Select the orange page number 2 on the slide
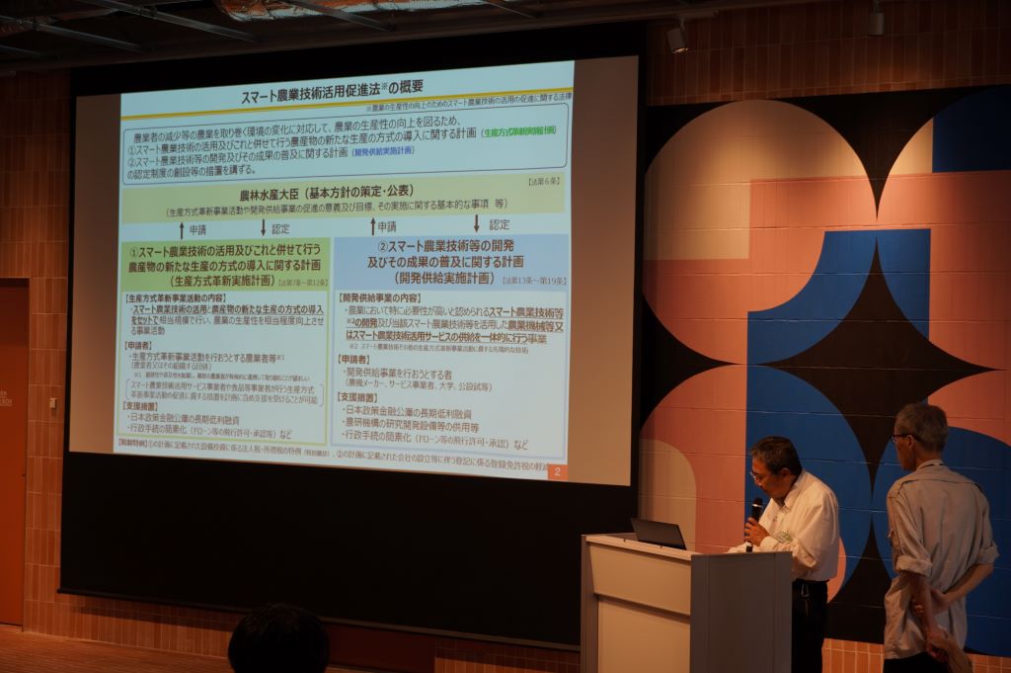click(x=557, y=472)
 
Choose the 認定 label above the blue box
click(x=500, y=225)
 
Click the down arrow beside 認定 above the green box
click(x=264, y=227)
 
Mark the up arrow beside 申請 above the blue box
click(x=372, y=226)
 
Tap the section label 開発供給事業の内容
click(x=380, y=297)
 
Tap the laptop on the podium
click(x=658, y=534)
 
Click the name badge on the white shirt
click(x=784, y=537)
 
